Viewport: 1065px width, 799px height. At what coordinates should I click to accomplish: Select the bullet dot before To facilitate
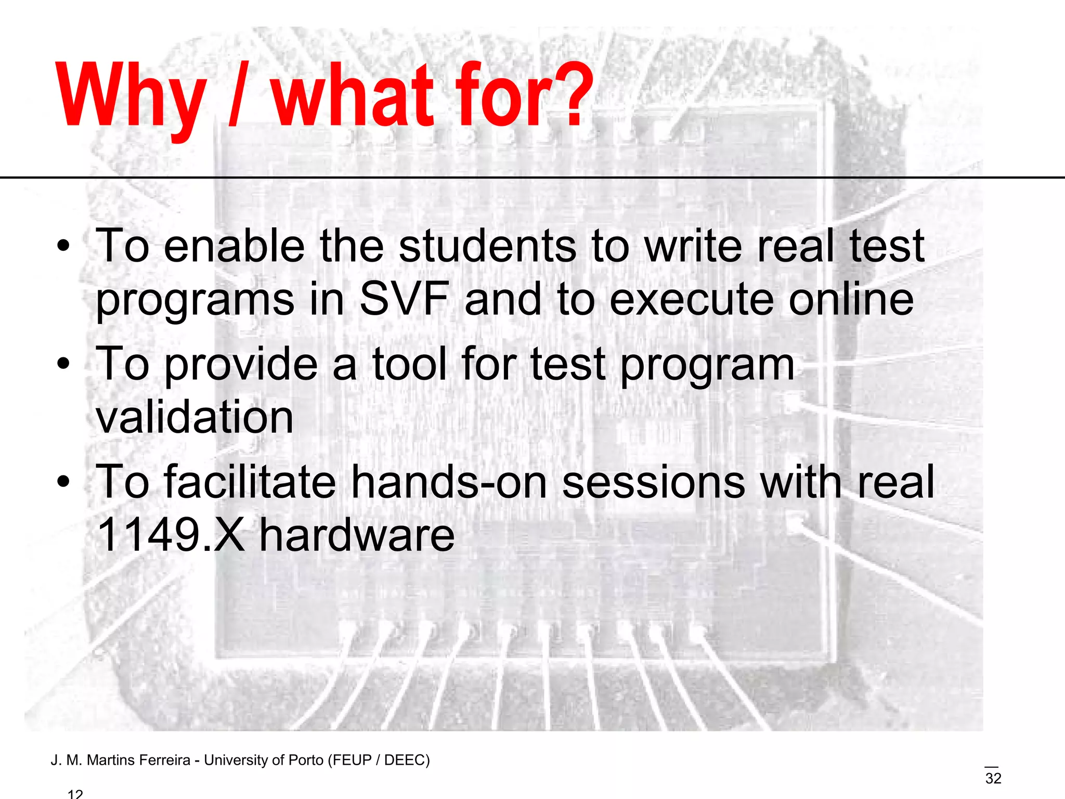coord(63,483)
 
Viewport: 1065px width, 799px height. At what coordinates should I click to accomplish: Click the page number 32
coord(993,779)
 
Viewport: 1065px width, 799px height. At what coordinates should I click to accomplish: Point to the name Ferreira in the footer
coord(165,761)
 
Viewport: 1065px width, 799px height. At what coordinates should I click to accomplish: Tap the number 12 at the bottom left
coord(75,794)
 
